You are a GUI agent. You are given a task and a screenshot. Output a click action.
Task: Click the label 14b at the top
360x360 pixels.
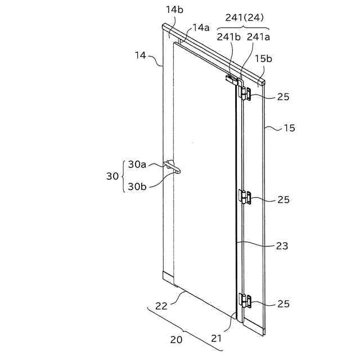[173, 10]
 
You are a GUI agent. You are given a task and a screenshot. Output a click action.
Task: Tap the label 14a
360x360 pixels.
[200, 28]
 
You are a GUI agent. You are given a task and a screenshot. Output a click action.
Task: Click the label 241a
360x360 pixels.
[258, 37]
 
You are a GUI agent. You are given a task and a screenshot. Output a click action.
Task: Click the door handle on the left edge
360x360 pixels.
[171, 166]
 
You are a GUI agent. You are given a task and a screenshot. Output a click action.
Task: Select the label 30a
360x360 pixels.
[137, 164]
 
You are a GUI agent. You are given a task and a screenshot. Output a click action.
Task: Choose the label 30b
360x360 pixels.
[137, 186]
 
